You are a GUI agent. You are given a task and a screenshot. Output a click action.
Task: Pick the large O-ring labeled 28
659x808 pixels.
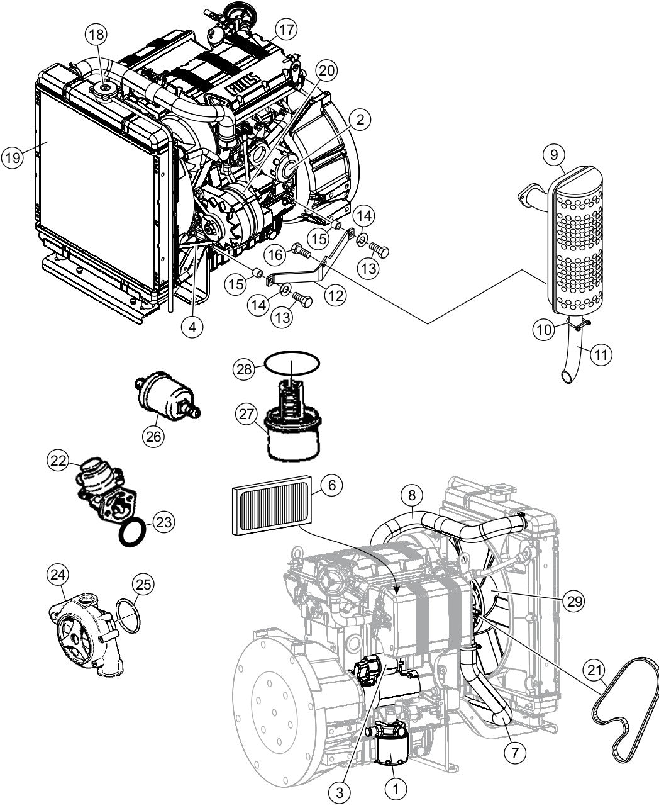pos(292,364)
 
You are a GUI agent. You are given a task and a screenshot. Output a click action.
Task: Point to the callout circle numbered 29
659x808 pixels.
pos(572,602)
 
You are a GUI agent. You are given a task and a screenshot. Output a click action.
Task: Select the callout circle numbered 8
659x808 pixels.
pos(411,496)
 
